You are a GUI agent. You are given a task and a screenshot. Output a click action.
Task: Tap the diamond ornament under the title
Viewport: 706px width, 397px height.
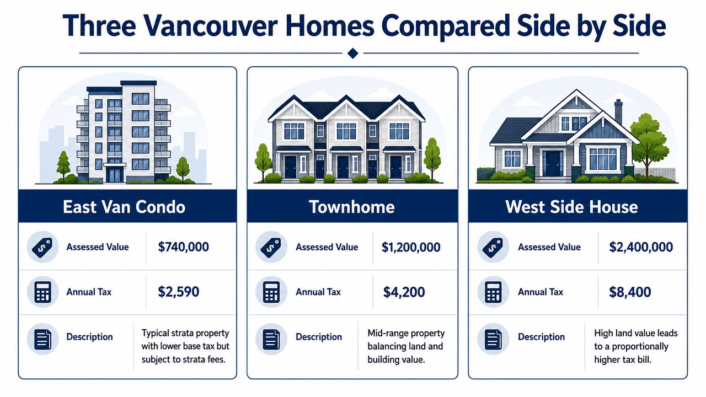tap(352, 53)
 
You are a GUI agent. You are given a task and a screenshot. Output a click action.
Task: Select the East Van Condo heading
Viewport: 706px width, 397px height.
tap(124, 207)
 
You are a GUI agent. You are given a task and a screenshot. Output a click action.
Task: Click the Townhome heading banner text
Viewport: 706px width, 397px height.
tap(352, 207)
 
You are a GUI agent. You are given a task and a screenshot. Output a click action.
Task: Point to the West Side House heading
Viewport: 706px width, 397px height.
tap(571, 207)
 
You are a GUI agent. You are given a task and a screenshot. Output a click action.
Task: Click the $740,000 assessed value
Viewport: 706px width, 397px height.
tap(184, 246)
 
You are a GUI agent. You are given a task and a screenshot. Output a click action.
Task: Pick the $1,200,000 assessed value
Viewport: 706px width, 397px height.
tap(411, 247)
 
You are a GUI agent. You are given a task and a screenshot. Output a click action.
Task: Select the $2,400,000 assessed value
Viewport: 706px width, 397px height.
tap(641, 246)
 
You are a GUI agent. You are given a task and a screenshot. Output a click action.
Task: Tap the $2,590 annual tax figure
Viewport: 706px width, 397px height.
tap(178, 292)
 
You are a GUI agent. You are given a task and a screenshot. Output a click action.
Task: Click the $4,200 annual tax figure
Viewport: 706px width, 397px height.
tap(404, 292)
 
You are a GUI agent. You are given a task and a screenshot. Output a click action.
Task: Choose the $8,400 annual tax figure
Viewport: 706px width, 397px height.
tap(630, 292)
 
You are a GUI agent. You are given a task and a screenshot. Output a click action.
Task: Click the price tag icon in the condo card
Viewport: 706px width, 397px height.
tap(42, 248)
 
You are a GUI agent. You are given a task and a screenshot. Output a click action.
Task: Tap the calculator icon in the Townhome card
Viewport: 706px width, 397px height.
tap(271, 292)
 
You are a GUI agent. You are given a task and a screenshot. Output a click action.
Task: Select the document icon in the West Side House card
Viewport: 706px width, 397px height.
tap(493, 339)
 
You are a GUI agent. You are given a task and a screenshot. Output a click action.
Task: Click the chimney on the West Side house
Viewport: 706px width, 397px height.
tap(619, 111)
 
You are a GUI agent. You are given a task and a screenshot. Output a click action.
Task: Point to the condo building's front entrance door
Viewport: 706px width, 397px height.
tap(115, 175)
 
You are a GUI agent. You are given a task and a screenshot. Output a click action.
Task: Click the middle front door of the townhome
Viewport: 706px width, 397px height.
tap(343, 167)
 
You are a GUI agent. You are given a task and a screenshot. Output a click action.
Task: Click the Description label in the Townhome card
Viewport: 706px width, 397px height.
tap(319, 337)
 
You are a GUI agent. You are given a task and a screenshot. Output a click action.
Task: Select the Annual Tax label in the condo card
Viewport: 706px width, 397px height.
tap(89, 292)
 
